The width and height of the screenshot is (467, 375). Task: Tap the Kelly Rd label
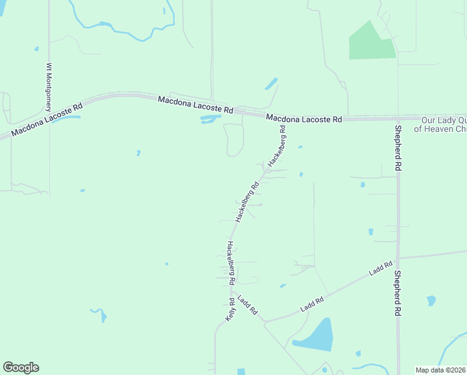click(231, 310)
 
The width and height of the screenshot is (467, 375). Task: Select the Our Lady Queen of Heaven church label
click(443, 124)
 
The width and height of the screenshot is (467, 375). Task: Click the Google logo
click(21, 367)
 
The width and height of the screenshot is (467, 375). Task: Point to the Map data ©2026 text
click(441, 370)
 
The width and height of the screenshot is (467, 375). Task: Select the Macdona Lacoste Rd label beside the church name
click(304, 118)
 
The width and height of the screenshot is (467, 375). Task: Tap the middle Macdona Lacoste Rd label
click(195, 104)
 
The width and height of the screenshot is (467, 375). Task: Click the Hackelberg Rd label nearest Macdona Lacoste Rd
click(277, 146)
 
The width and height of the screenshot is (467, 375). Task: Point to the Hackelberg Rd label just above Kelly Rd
click(231, 259)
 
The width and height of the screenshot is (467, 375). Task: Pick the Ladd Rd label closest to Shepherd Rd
click(380, 269)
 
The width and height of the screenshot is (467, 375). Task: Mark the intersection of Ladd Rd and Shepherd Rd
click(398, 257)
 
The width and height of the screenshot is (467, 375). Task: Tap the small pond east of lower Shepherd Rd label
click(431, 301)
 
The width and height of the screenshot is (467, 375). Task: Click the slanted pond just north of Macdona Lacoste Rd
click(272, 83)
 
